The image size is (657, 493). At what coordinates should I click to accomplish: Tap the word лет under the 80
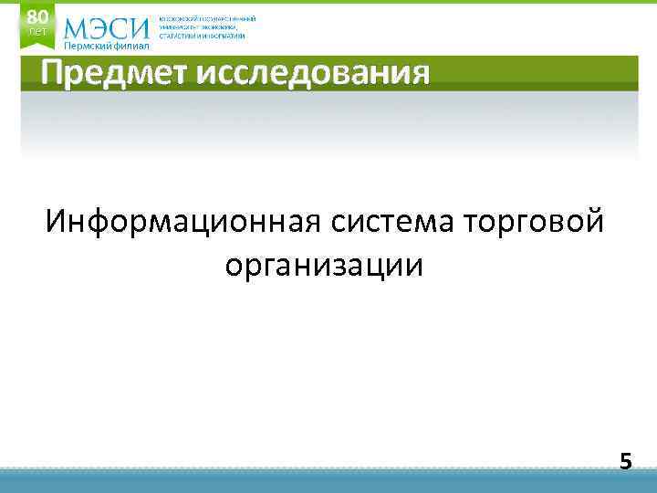(36, 32)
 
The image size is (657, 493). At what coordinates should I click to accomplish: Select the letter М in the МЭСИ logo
(78, 28)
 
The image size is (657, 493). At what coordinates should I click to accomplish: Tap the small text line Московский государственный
(207, 18)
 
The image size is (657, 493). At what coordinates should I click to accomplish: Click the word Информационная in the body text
(182, 221)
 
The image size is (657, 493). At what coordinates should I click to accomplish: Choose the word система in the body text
(393, 221)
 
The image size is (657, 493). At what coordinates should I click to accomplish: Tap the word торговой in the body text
(535, 221)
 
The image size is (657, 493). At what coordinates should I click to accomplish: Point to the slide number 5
(625, 460)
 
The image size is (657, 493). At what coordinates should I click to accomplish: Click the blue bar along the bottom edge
(328, 482)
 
